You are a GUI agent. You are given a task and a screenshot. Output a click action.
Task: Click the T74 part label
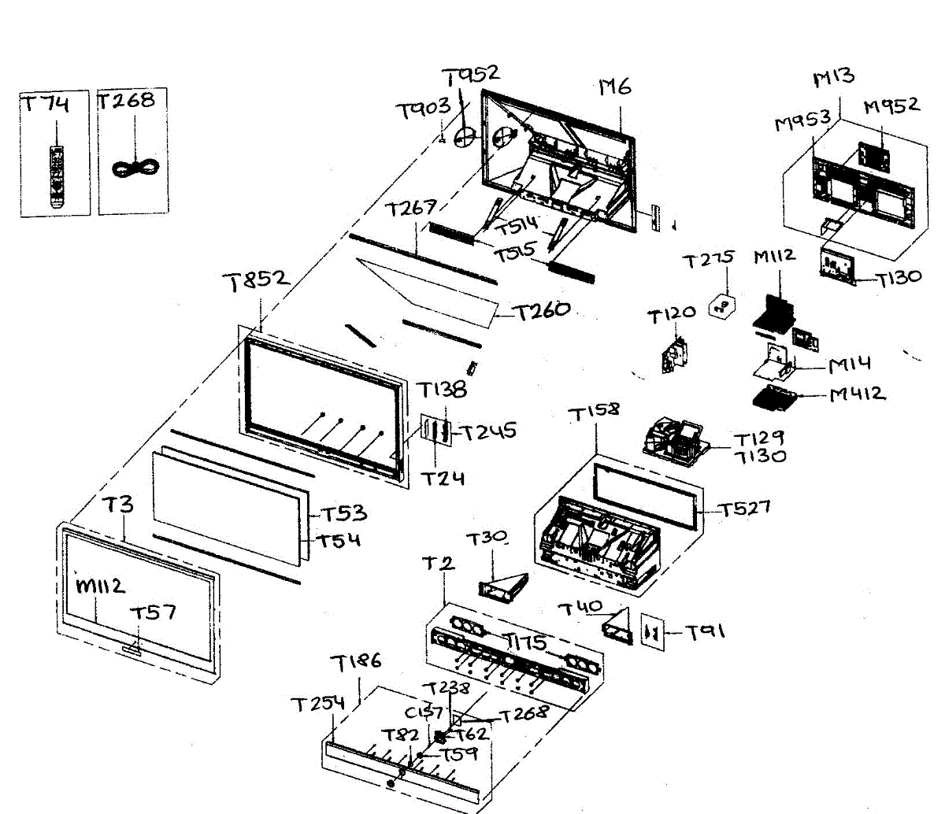coord(45,105)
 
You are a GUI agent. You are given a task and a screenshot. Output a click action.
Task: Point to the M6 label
coord(615,87)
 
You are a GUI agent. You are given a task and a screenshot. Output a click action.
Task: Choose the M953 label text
coord(802,122)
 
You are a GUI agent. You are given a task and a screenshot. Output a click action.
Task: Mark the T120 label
coord(671,316)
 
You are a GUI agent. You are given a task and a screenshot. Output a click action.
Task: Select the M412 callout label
coord(858,394)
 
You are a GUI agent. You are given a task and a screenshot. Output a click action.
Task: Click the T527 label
coord(744,509)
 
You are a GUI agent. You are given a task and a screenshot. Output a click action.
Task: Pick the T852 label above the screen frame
coord(255,281)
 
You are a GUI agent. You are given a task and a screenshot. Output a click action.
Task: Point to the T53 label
coord(344,513)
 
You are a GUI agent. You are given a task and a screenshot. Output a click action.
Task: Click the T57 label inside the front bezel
coord(153,612)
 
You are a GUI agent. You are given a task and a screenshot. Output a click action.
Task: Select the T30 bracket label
coord(486,539)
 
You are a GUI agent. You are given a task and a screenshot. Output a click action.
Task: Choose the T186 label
coord(355,663)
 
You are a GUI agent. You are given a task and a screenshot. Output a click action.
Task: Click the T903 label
coord(424,109)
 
